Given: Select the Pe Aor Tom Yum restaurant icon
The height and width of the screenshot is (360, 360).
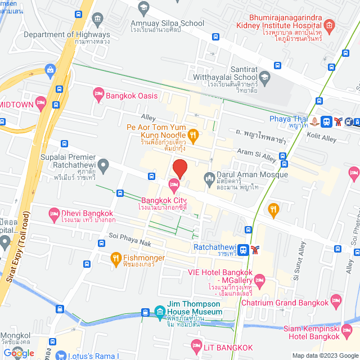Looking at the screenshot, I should [193, 134].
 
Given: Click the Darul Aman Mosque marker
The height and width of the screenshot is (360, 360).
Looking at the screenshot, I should [209, 177].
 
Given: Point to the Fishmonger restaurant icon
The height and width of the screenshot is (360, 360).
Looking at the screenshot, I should [116, 259].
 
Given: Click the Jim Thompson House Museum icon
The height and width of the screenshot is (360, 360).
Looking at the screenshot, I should [160, 312].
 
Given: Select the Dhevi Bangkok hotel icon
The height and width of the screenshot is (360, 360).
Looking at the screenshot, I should [55, 213].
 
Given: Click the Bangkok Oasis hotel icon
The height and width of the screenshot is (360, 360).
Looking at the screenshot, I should [98, 96].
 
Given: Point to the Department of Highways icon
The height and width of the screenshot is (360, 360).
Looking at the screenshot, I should [98, 21].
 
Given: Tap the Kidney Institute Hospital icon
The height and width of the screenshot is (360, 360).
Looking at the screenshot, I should [330, 26].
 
